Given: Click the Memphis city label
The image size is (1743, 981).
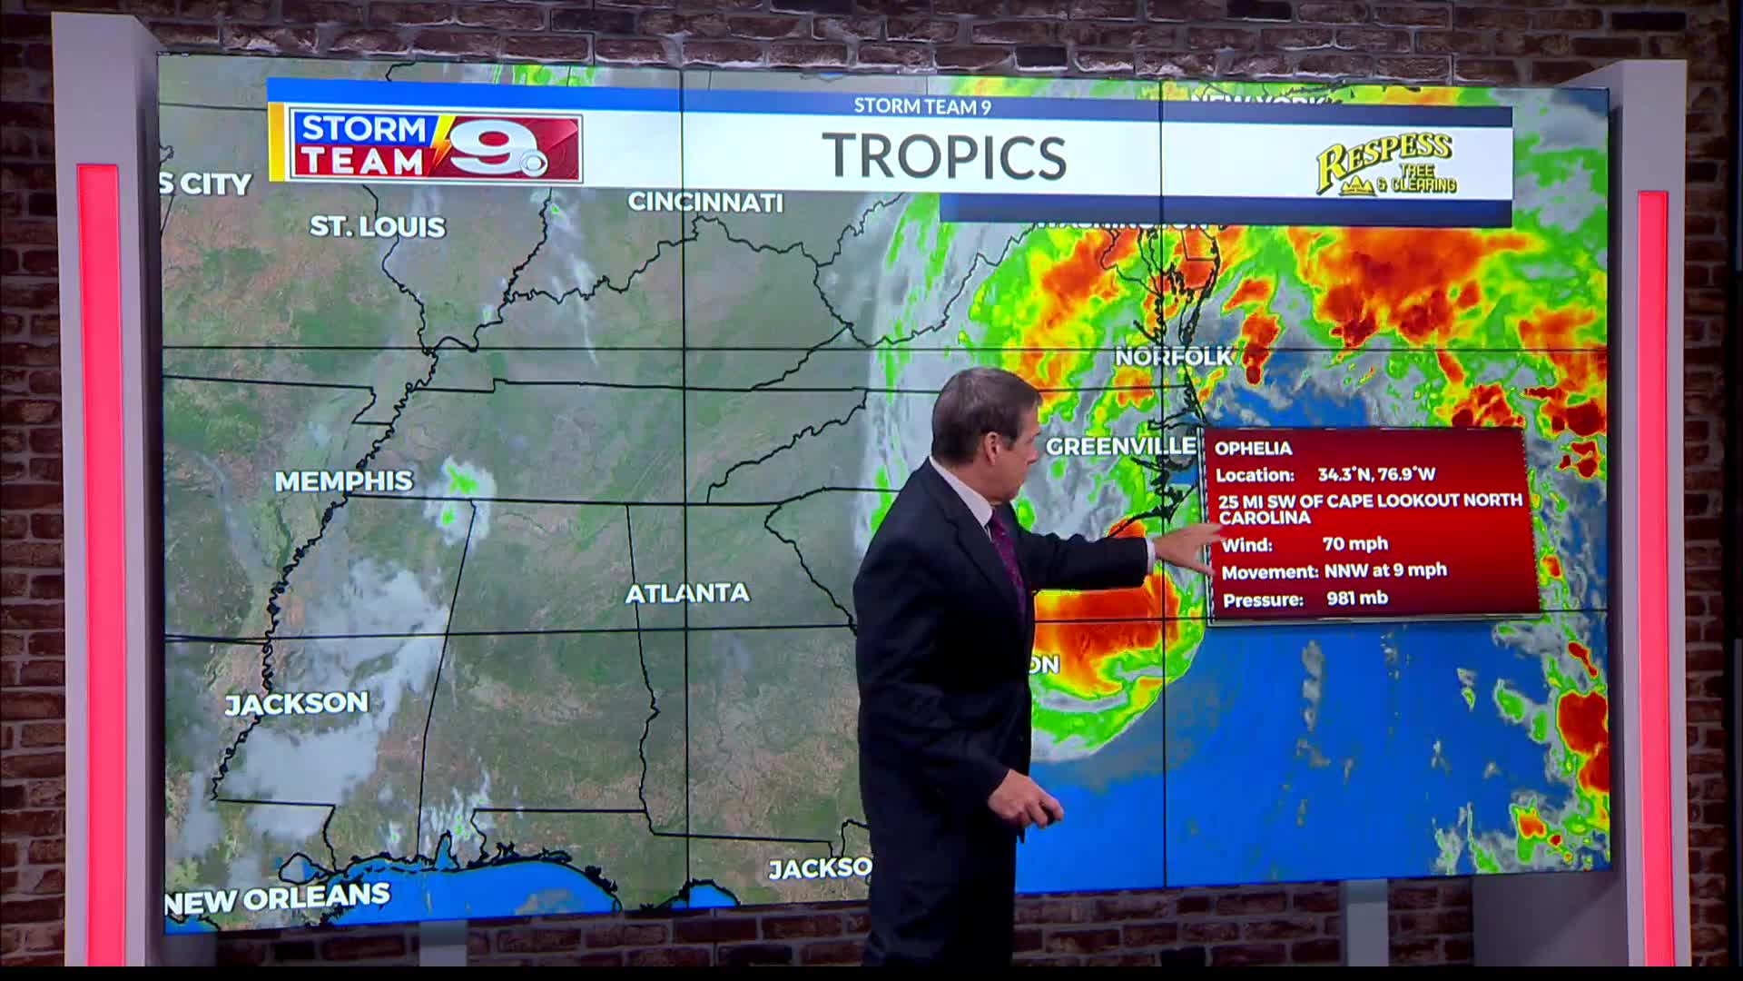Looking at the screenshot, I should (343, 481).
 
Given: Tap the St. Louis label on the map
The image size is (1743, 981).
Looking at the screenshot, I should (378, 226).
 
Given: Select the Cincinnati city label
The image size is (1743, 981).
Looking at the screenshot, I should (705, 202).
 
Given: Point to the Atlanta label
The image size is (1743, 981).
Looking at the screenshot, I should (687, 593).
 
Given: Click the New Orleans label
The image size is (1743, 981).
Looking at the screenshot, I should (278, 898).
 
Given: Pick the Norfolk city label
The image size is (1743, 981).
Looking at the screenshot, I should (1173, 357).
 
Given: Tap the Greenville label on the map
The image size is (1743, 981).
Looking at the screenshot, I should (1120, 446).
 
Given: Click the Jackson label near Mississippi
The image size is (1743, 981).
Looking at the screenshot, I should (297, 704).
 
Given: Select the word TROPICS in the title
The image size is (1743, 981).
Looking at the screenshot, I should (944, 156).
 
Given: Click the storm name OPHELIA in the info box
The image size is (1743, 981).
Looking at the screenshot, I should (1253, 449).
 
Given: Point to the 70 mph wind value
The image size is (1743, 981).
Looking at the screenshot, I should (1354, 544).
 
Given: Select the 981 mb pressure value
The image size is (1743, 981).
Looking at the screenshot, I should (1356, 599).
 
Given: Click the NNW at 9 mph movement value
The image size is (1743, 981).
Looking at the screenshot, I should (1385, 570).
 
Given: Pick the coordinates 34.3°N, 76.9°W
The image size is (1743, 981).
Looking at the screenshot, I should (1376, 474).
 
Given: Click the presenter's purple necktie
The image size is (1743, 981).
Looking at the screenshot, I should (1009, 554).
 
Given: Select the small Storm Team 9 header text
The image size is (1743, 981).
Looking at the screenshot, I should (921, 106).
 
